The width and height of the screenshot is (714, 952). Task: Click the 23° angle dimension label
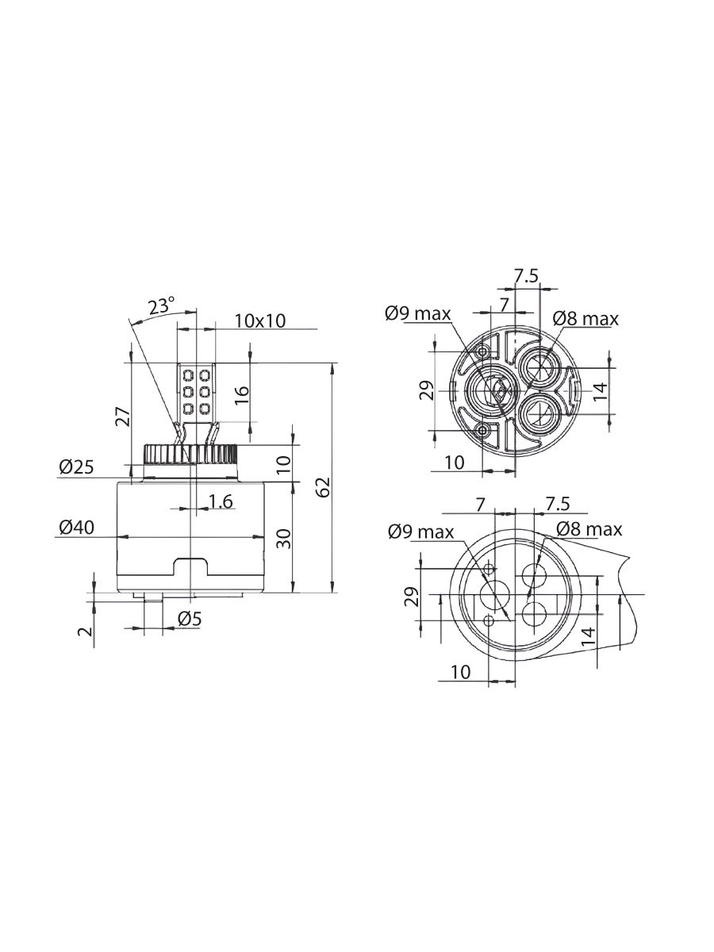click(161, 305)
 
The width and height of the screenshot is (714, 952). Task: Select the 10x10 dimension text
click(260, 321)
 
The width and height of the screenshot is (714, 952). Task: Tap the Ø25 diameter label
click(76, 467)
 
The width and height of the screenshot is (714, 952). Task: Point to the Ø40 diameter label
click(76, 528)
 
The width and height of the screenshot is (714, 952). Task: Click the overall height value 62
click(324, 487)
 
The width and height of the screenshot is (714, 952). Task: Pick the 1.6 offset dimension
click(221, 501)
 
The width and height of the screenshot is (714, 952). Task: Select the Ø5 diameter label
click(189, 620)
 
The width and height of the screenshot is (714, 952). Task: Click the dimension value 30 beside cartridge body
click(284, 539)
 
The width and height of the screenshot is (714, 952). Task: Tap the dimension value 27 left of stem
click(123, 416)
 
